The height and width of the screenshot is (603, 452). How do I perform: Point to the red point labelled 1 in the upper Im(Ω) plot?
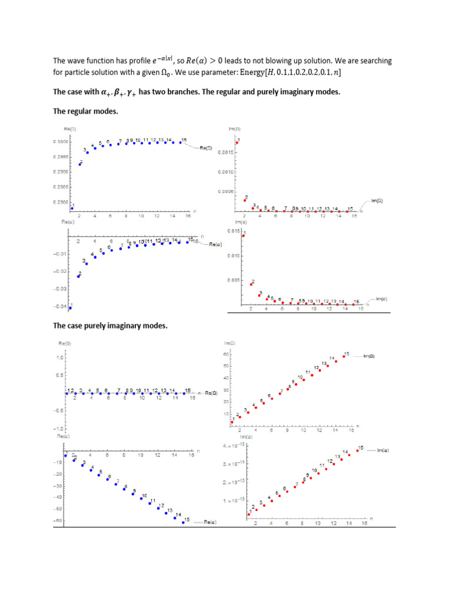coord(237,143)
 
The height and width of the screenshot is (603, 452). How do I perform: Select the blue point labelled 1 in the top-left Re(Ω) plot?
coord(72,208)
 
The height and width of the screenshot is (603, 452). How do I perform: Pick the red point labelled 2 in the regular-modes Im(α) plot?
coord(251,284)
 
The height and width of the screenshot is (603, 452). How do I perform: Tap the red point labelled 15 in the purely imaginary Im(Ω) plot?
coord(344,356)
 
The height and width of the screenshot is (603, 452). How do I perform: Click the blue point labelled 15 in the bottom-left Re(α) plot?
coord(184,522)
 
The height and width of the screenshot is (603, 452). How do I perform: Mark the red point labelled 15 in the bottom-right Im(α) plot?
coord(357,450)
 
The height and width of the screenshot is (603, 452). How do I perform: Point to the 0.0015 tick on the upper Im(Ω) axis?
coord(227,153)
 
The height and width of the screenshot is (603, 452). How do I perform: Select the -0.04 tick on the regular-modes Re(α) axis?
coord(61,307)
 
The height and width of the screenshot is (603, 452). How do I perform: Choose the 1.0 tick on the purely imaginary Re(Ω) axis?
coord(59,357)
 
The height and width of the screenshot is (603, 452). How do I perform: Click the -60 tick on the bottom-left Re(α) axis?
coord(59,521)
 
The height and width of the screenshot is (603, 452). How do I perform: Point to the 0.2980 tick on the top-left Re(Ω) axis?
coord(61,202)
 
